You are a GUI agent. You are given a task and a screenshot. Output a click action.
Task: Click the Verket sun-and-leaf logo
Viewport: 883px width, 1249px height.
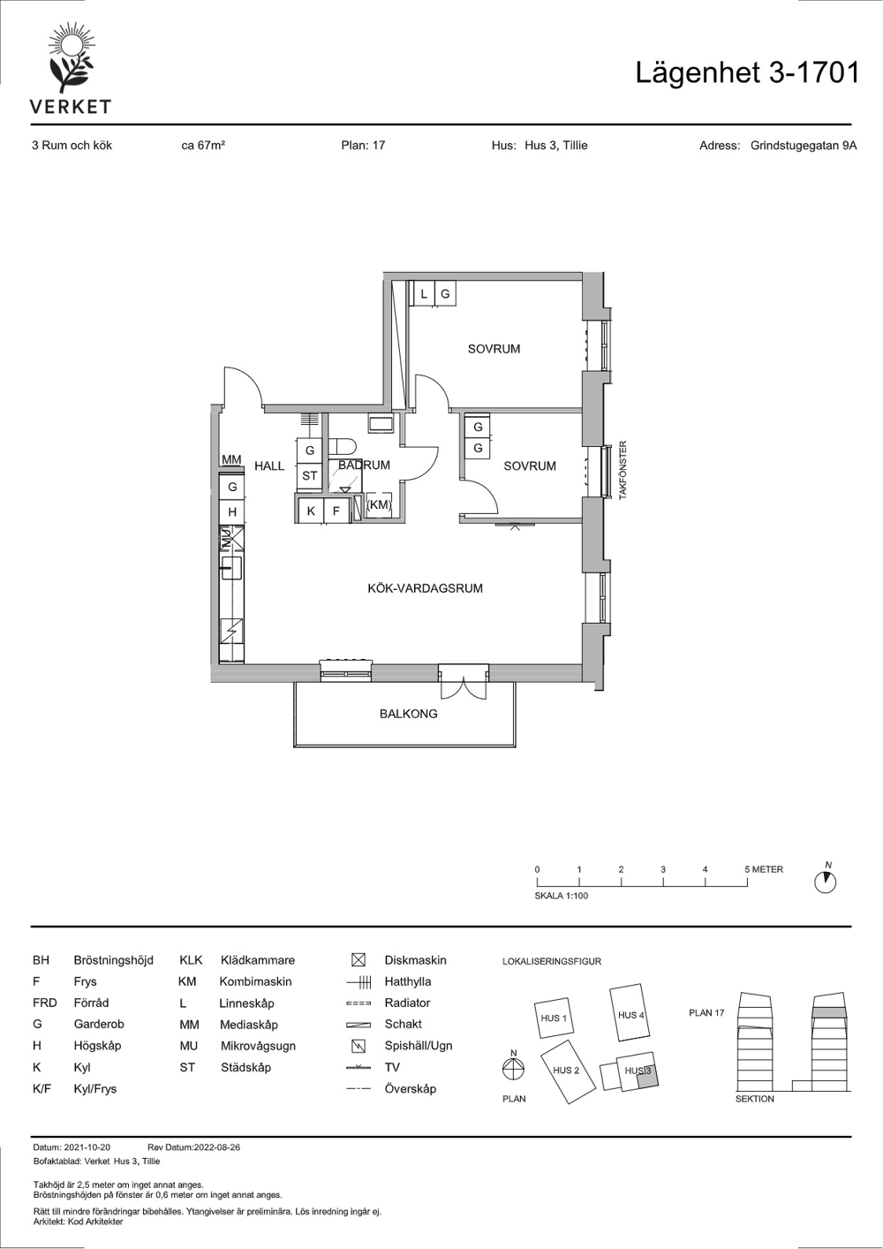[71, 57]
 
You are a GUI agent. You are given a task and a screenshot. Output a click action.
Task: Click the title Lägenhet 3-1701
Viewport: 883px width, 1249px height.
[747, 73]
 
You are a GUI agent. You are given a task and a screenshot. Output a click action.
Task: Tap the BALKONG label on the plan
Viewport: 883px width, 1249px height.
[409, 714]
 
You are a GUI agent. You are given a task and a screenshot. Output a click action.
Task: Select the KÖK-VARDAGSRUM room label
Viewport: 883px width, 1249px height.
[425, 588]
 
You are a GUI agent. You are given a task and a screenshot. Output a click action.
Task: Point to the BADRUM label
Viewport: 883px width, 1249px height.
[364, 465]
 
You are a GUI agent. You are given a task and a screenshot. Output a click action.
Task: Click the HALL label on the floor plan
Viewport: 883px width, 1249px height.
[269, 466]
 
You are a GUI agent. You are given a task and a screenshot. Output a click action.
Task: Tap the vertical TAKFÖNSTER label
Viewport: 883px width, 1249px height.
[623, 470]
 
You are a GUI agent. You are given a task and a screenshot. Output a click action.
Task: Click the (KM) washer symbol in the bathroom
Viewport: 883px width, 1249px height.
[379, 505]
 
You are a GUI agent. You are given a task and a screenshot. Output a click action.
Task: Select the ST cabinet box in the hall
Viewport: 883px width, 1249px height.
[309, 475]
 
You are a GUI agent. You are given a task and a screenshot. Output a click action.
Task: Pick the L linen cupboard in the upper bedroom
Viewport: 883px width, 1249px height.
[424, 293]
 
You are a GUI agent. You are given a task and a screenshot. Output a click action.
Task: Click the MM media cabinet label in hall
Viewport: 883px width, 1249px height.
[231, 459]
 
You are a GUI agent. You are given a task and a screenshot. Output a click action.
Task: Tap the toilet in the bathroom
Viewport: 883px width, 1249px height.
[343, 447]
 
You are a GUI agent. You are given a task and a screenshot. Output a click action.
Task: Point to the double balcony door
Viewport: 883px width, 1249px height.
[464, 681]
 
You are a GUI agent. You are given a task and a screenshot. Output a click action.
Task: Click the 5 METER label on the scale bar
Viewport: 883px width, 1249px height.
[764, 869]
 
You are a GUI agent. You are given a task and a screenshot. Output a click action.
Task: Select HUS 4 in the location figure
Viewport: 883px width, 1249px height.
[630, 1015]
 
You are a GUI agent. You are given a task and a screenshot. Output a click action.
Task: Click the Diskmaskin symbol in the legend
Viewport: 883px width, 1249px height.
[358, 960]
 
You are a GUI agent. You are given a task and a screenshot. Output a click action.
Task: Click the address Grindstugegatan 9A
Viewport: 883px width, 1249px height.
[804, 146]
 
